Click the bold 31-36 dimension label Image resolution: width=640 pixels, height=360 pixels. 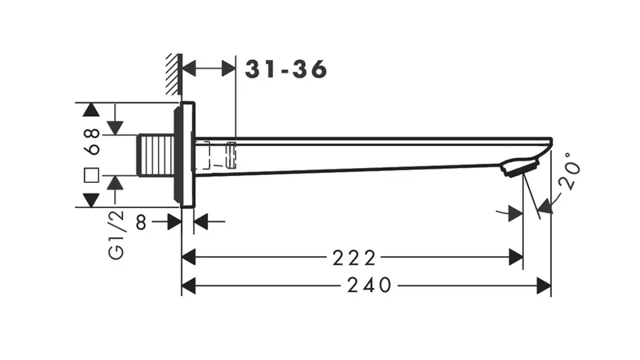[286, 69]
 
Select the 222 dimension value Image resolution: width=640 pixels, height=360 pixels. [354, 258]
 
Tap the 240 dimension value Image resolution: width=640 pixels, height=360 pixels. [369, 285]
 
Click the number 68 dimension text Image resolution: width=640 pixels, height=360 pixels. [93, 141]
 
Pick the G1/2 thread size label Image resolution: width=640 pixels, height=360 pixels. [116, 235]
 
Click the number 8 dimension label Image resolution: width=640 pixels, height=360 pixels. [141, 223]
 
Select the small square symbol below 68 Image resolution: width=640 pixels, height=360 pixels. [91, 175]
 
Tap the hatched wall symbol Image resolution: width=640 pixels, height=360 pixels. [174, 75]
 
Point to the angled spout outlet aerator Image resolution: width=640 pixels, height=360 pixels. [519, 168]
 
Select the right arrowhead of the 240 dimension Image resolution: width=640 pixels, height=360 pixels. [544, 285]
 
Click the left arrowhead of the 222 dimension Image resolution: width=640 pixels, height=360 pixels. [189, 257]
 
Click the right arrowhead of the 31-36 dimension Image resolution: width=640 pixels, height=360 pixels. [229, 68]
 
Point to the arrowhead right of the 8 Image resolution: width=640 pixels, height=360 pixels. [201, 221]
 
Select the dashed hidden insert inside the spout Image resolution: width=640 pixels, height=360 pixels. [216, 155]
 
